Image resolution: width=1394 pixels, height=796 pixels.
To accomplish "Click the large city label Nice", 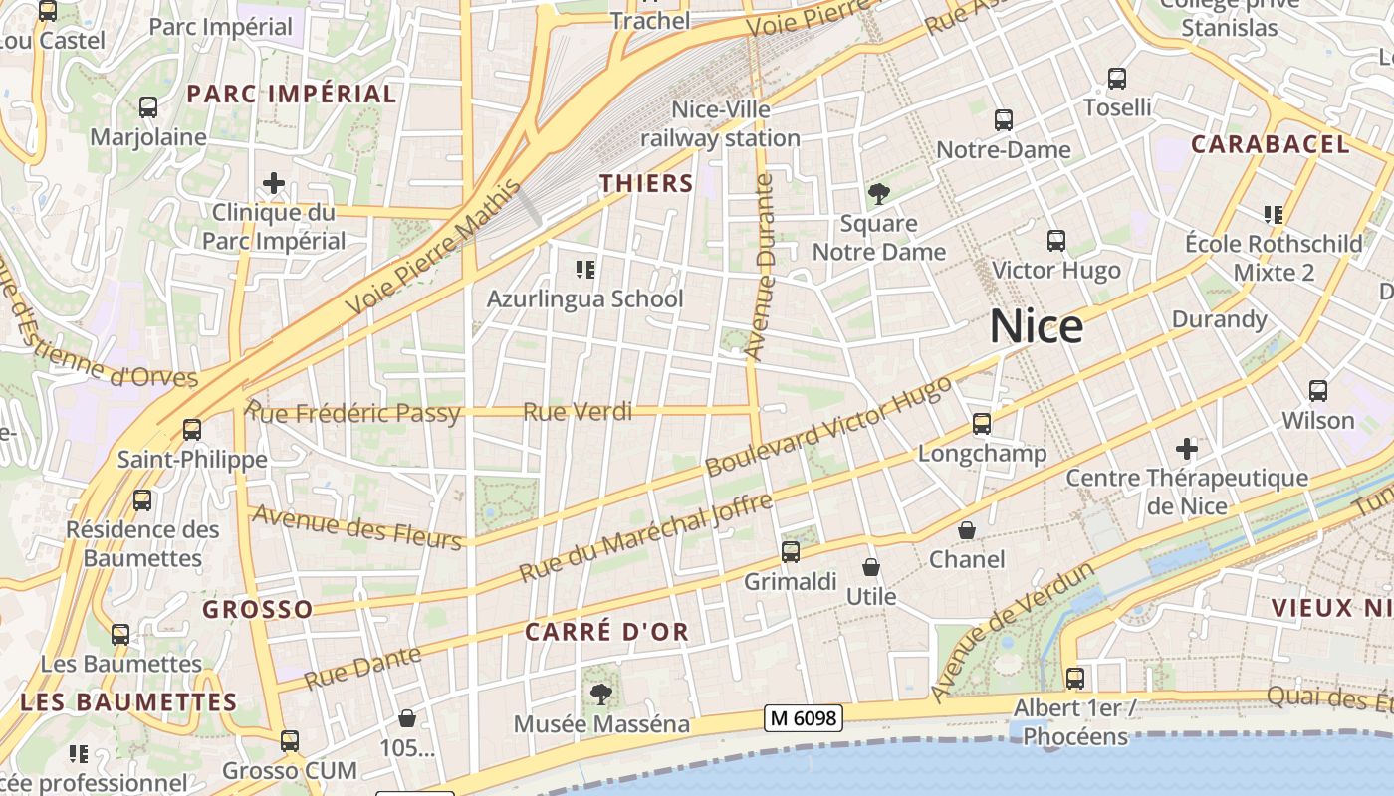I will coord(1037,327).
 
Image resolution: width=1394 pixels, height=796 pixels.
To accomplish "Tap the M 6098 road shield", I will coord(804,717).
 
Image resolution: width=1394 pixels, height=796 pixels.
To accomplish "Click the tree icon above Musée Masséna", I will coord(600,694).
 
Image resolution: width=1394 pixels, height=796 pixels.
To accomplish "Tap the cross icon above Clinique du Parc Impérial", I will coord(274,183).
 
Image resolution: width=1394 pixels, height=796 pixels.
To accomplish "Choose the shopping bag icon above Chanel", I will coord(966,530).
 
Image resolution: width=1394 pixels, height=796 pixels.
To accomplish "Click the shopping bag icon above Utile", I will coord(871,567).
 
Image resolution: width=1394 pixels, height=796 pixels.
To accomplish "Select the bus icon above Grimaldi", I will coord(791,551).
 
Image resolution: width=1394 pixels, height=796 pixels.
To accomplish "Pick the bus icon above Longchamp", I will coord(982,424).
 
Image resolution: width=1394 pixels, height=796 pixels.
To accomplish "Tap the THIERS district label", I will coord(646,183).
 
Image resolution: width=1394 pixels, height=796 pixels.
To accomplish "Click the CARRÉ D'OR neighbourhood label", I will coord(606,632).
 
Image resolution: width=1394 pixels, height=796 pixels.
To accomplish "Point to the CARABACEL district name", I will coord(1270,144).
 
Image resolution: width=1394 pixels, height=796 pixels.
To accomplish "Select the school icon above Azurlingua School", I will coord(585,269).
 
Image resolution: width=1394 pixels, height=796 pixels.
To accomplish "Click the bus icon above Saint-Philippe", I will coord(192,430).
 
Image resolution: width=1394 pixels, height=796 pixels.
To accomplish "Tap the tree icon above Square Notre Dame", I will coord(878,193).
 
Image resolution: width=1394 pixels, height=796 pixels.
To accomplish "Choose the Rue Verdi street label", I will coord(578,411).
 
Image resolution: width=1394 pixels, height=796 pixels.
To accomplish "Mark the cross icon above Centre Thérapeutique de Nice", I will coord(1186,448).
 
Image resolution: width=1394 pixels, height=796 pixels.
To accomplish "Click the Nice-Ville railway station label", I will coord(721,123).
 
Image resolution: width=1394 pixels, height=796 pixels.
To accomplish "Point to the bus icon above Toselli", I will coord(1117,78).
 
